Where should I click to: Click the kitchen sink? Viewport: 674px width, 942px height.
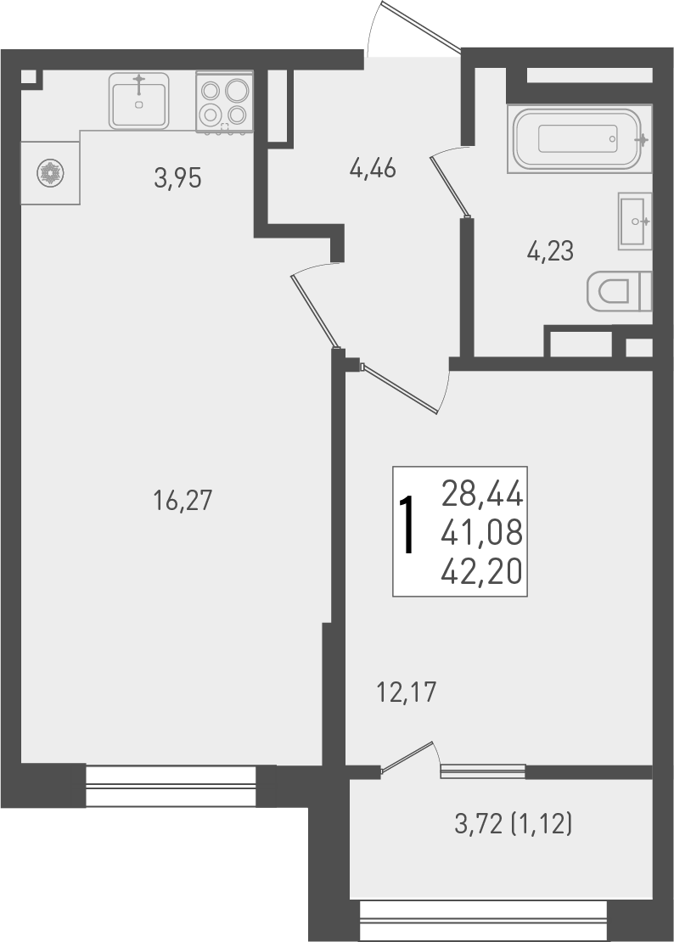(x=138, y=100)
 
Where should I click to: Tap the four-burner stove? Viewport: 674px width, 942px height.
(x=224, y=102)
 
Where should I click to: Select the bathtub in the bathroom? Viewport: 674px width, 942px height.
(x=580, y=138)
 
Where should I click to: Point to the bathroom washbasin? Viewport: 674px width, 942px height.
(x=634, y=221)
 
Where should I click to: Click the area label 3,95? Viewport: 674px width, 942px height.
(x=177, y=178)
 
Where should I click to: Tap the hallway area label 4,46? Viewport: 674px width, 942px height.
(x=373, y=169)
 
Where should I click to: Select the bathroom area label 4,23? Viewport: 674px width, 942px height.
(x=550, y=251)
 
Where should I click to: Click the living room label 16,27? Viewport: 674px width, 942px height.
(x=182, y=501)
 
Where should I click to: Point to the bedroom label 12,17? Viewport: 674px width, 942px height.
(x=406, y=693)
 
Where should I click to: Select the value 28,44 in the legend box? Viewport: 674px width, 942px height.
(x=482, y=493)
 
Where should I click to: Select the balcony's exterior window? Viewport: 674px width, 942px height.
(x=483, y=921)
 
